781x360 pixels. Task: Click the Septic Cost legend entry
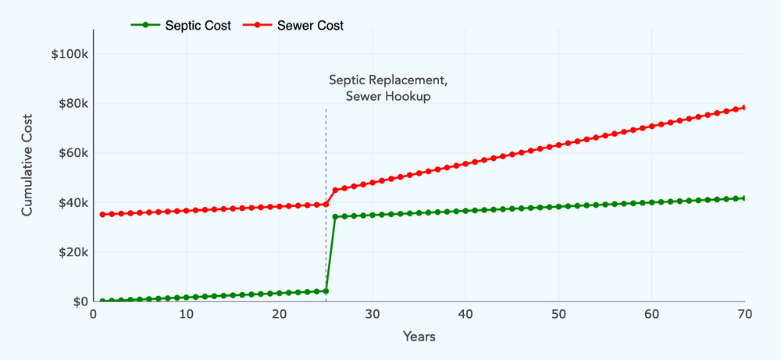pos(181,25)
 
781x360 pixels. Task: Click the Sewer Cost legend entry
pos(294,25)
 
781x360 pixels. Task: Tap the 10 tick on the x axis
pos(186,314)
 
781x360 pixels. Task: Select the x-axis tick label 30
pos(373,314)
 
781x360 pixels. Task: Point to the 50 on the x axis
pos(558,314)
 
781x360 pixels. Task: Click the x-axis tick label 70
pos(744,314)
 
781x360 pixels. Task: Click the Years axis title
pos(419,337)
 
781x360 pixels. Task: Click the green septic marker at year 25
pos(326,291)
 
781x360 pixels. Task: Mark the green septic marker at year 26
pos(335,216)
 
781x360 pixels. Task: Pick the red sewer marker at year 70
pos(744,107)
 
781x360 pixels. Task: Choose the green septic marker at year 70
pos(744,198)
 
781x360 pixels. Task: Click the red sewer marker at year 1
pos(102,214)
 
